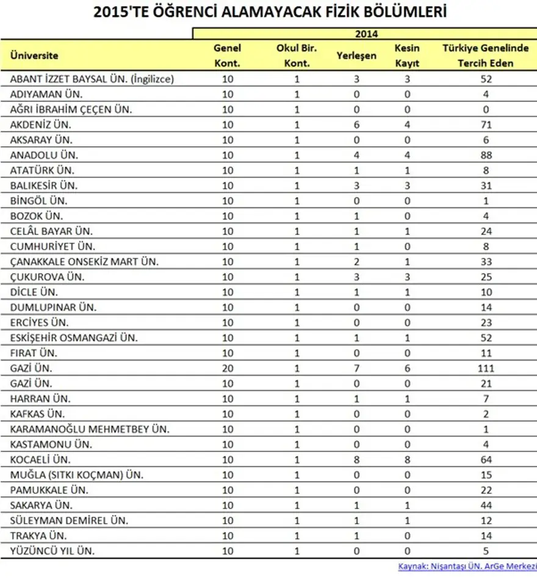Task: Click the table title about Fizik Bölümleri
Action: point(269,12)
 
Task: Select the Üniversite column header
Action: point(34,56)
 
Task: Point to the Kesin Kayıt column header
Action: point(407,56)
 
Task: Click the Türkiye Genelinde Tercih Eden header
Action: point(486,56)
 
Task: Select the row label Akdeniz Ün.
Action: point(41,125)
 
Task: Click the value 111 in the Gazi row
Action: point(486,368)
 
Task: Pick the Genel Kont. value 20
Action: point(228,368)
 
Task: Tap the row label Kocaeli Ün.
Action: point(40,460)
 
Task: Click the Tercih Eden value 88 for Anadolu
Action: point(486,155)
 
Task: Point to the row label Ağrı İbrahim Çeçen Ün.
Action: point(71,109)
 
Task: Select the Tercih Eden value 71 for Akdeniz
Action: point(486,125)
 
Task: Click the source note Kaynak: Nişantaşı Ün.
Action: point(467,566)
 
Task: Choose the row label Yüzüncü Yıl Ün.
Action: point(52,551)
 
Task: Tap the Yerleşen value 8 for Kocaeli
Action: point(356,460)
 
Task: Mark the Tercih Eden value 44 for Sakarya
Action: point(486,505)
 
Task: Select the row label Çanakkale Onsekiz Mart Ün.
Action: point(84,261)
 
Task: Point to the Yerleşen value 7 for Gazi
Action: point(356,368)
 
